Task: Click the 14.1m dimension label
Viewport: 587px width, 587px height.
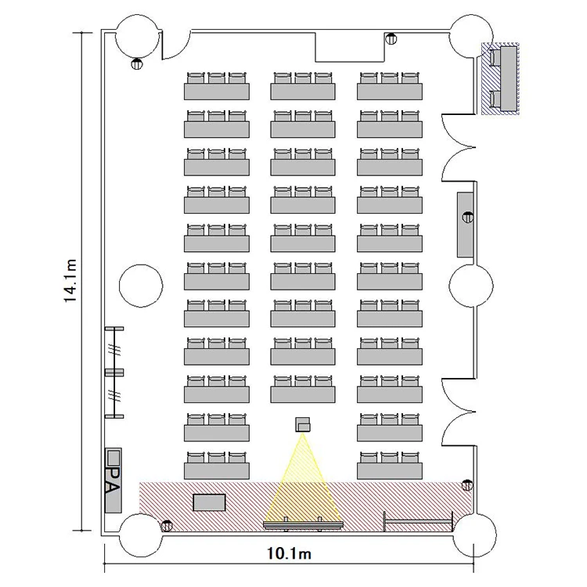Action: (x=70, y=280)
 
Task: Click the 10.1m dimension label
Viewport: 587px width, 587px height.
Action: (x=289, y=553)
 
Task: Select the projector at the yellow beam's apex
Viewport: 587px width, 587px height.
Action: (x=303, y=424)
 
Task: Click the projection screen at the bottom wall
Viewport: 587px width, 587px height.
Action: (x=303, y=524)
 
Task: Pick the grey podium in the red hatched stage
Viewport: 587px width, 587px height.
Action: (x=209, y=502)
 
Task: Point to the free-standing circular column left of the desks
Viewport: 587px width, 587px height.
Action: (x=141, y=286)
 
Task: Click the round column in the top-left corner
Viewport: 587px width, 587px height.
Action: (x=138, y=38)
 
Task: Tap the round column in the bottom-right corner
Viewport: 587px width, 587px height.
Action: (x=475, y=535)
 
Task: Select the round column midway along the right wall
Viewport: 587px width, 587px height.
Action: (x=471, y=286)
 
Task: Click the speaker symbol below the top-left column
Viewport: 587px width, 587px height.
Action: (x=137, y=63)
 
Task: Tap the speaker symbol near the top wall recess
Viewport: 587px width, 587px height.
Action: (x=391, y=38)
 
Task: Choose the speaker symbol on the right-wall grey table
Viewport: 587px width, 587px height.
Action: (x=468, y=217)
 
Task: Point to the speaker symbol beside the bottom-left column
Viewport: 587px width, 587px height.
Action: (x=167, y=526)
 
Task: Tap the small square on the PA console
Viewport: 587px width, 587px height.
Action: (x=113, y=457)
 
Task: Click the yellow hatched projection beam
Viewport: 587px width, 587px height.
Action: (x=303, y=483)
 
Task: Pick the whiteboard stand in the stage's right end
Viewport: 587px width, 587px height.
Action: (x=419, y=520)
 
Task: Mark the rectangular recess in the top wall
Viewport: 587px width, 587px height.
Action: (x=350, y=47)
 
